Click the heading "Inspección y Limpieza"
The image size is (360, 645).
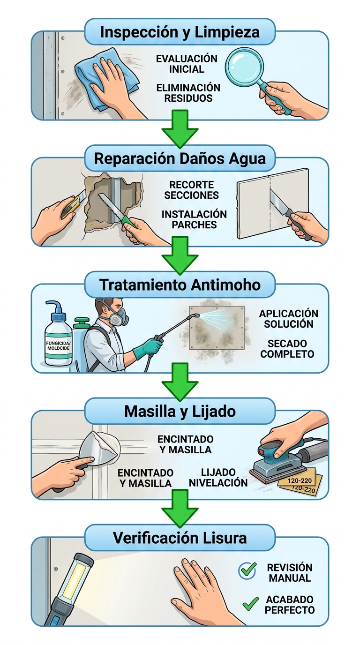[180, 32]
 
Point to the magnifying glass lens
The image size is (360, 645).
[243, 67]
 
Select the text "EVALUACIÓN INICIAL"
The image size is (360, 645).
[187, 64]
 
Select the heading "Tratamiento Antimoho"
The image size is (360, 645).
[180, 285]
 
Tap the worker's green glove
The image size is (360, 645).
[146, 348]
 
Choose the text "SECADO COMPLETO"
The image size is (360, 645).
[287, 348]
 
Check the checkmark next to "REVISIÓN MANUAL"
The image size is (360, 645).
[247, 570]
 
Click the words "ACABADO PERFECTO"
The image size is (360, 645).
[289, 605]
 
